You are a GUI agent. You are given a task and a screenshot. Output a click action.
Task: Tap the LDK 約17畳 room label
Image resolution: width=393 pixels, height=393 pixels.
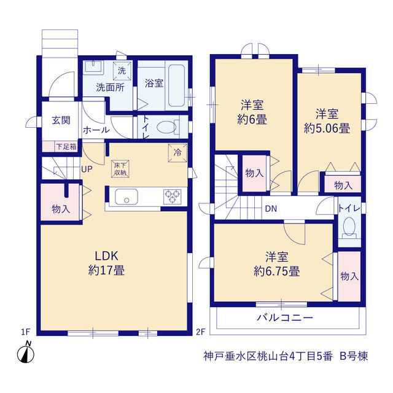click(x=106, y=263)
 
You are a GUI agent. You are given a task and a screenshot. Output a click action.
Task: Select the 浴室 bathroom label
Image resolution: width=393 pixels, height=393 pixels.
click(x=154, y=84)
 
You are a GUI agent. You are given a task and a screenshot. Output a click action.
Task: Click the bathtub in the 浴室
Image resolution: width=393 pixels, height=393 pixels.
click(x=176, y=85)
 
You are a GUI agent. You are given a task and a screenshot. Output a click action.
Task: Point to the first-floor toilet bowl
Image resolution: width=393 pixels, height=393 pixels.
click(x=168, y=127)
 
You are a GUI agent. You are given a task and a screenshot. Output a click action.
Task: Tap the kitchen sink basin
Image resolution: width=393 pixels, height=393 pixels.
click(x=126, y=196)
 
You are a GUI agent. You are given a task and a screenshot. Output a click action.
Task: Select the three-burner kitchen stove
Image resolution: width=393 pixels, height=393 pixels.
click(x=172, y=196)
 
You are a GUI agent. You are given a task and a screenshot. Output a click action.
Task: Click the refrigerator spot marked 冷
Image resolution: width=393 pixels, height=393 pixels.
click(x=177, y=153)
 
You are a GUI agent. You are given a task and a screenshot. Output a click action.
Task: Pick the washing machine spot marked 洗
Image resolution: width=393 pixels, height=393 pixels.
click(x=122, y=71)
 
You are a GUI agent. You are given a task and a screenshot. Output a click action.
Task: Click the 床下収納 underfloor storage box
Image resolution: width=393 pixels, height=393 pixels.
click(x=120, y=169)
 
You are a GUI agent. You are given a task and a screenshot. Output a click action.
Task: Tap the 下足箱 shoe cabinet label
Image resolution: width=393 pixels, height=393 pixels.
click(x=66, y=147)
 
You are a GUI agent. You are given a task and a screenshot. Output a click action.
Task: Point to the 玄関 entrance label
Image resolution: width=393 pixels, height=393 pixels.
click(x=61, y=120)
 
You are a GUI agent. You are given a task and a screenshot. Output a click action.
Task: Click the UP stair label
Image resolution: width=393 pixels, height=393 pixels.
click(x=87, y=169)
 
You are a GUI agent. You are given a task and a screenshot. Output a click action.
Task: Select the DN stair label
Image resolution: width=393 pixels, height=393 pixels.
click(x=271, y=209)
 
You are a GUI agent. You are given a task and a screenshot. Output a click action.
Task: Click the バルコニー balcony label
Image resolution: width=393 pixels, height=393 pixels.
click(x=285, y=318)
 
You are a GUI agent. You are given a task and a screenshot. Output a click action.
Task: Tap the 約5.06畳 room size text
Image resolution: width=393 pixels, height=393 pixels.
click(x=327, y=128)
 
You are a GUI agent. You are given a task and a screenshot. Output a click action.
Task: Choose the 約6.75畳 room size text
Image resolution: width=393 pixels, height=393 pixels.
click(x=277, y=271)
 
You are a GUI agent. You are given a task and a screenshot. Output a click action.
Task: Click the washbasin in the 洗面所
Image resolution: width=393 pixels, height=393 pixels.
click(x=93, y=67)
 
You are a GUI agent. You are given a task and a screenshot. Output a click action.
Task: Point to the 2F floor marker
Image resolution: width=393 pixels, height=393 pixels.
click(x=201, y=332)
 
